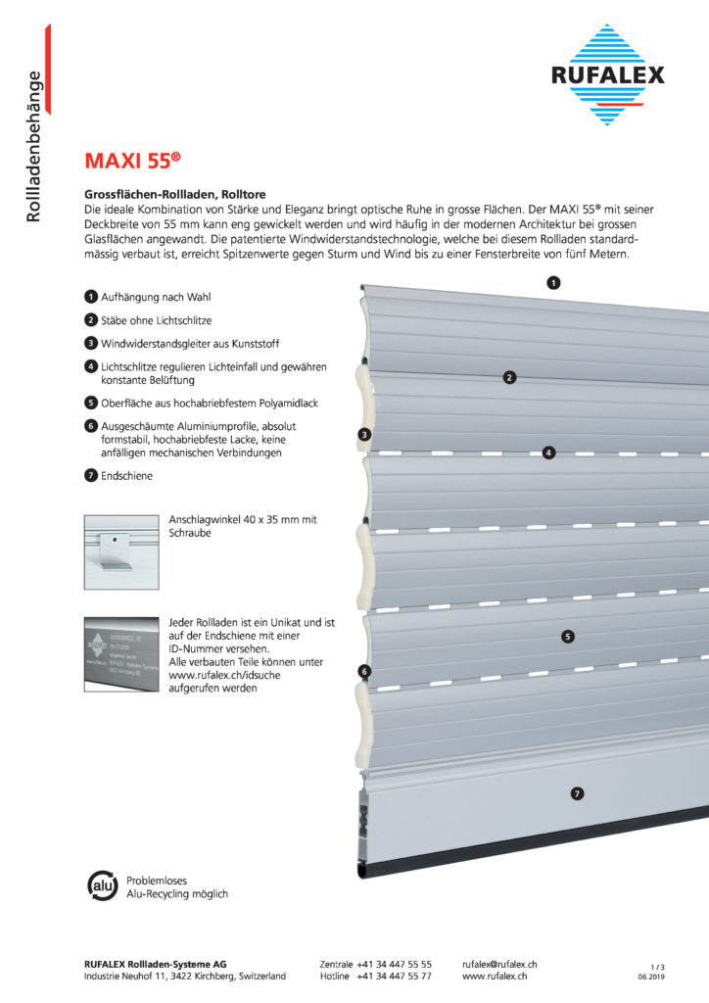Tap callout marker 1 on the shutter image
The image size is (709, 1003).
pos(553,283)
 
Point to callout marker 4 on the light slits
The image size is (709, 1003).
pos(549,453)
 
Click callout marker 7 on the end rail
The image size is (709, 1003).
pos(577,793)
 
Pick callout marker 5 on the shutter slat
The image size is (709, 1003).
pos(568,636)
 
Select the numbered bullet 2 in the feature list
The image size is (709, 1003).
pos(90,320)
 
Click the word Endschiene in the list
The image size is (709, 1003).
pos(127,476)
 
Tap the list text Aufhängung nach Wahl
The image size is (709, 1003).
pos(156,297)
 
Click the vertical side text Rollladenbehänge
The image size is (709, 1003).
pos(34,146)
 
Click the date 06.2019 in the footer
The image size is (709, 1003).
pos(651,978)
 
